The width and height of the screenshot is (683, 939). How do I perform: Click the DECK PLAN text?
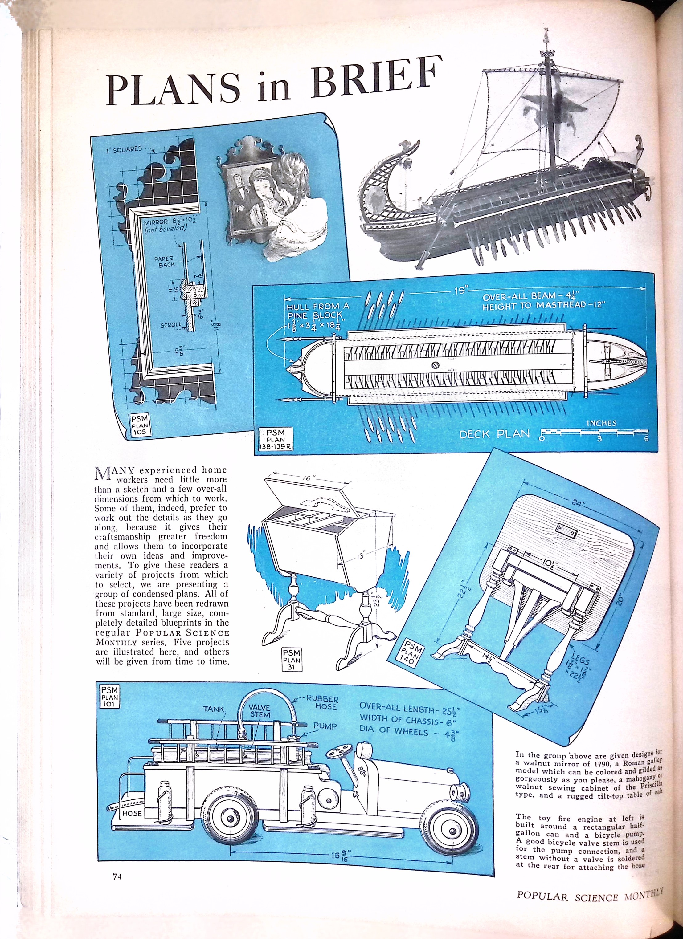tap(495, 434)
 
